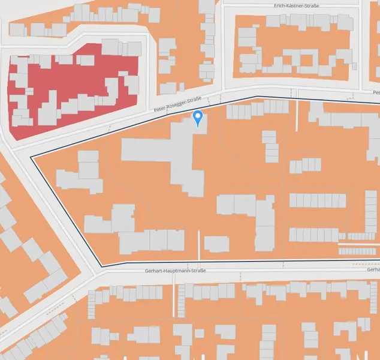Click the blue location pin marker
pyautogui.click(x=198, y=118)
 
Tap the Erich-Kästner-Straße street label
pyautogui.click(x=295, y=5)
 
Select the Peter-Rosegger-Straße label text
pyautogui.click(x=177, y=106)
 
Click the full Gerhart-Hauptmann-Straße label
pyautogui.click(x=175, y=271)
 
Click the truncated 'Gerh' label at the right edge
pyautogui.click(x=373, y=269)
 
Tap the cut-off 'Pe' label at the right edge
pyautogui.click(x=376, y=93)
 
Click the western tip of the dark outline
pyautogui.click(x=31, y=157)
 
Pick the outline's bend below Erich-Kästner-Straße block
pyautogui.click(x=257, y=97)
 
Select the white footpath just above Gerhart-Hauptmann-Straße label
pyautogui.click(x=198, y=246)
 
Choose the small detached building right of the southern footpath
pyautogui.click(x=216, y=244)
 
